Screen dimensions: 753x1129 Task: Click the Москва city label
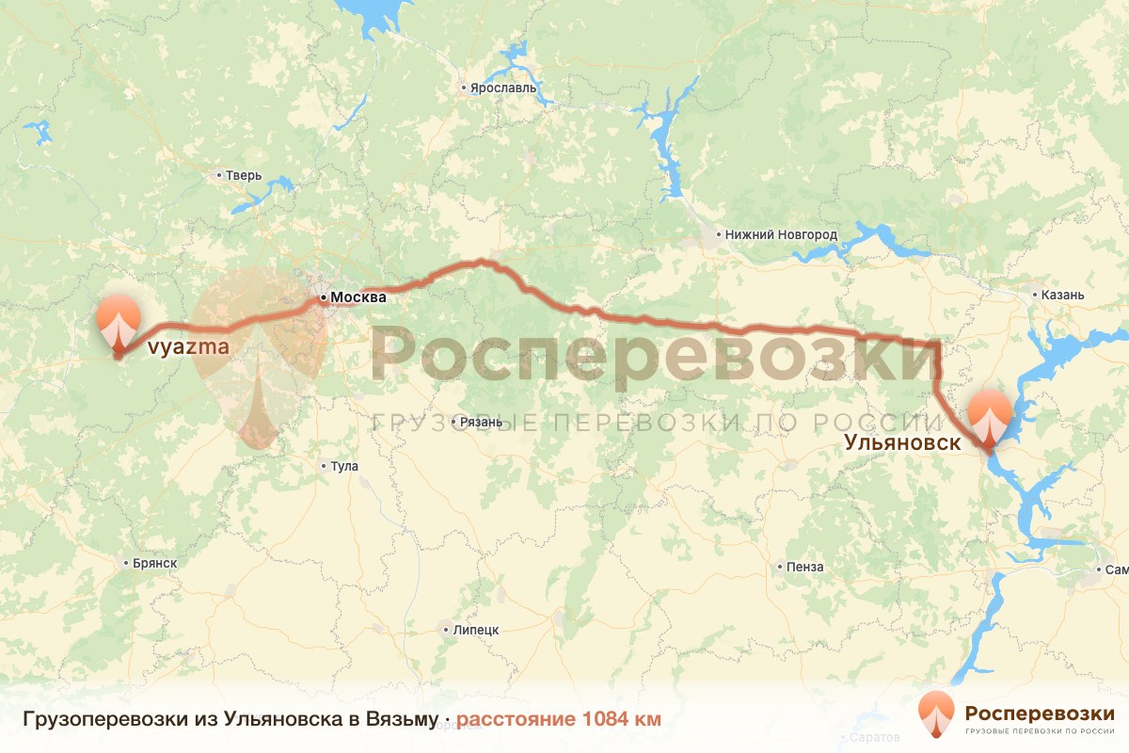358,297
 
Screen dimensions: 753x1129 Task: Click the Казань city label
1063,295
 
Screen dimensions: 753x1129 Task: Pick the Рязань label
482,422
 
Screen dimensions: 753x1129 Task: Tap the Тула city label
344,466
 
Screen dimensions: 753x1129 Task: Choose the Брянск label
154,564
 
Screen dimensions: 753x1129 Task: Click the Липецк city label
476,630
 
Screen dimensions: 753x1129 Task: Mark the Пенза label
806,567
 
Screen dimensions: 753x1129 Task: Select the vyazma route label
188,347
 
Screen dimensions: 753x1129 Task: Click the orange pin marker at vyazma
119,320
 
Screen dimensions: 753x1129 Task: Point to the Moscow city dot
323,298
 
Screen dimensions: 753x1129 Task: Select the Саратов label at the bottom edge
873,736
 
